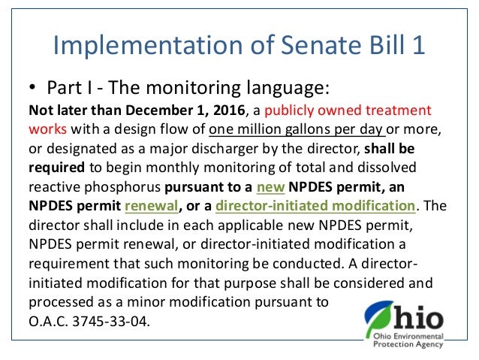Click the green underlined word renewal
point(147,204)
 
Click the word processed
point(61,304)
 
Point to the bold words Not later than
point(68,110)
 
